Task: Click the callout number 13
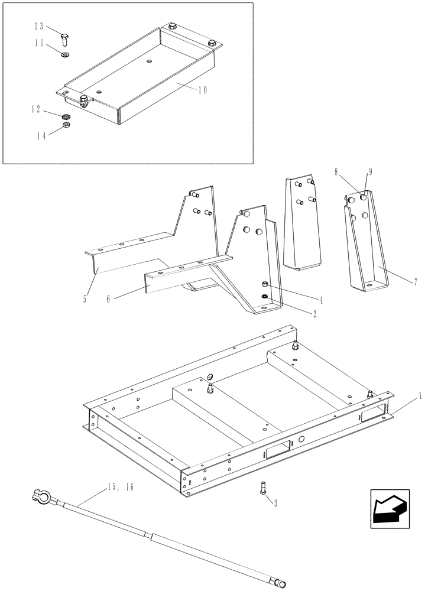click(x=38, y=27)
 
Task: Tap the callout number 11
click(x=38, y=43)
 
